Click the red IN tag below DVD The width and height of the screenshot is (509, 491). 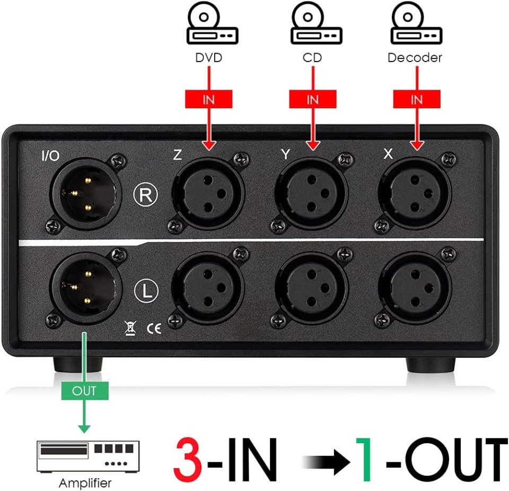208,99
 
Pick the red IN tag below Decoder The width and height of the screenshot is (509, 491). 417,99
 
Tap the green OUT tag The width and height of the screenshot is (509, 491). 84,391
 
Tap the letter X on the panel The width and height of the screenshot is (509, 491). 388,154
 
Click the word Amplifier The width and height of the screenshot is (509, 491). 85,483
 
